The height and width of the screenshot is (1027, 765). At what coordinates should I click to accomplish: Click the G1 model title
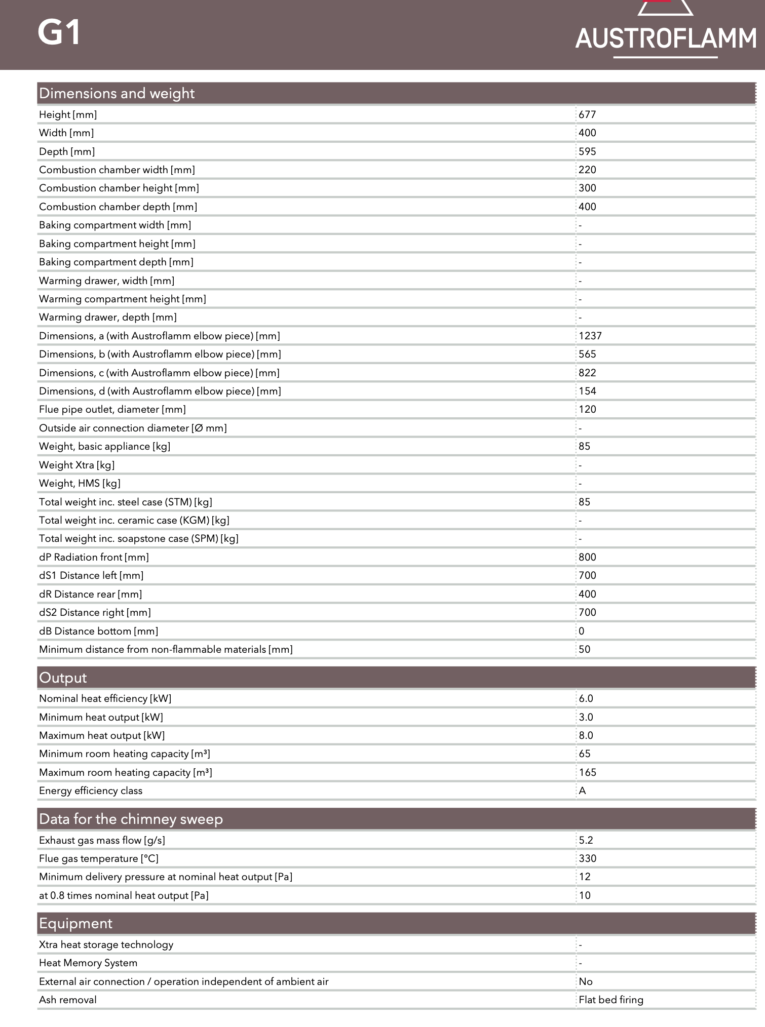[59, 33]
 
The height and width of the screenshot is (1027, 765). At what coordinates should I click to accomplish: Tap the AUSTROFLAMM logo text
[665, 39]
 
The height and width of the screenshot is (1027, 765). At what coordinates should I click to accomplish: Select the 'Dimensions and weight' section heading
[117, 94]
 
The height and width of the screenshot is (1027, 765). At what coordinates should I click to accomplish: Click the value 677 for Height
[587, 115]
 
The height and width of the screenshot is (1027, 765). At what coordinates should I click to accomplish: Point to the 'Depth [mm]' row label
[67, 152]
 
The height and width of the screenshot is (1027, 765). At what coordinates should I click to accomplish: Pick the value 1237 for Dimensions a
[590, 336]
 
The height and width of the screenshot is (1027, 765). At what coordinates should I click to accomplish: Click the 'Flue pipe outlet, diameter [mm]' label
[112, 410]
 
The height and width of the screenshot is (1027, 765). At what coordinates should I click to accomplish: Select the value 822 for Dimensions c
[587, 373]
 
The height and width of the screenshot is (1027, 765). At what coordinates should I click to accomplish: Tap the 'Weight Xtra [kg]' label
[76, 465]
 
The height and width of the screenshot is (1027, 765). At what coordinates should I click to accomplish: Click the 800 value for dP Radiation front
[587, 558]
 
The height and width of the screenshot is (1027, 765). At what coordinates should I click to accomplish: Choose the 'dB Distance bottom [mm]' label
[98, 631]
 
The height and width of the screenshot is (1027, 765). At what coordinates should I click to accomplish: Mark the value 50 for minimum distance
[584, 650]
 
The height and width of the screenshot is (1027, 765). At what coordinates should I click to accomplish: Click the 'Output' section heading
[63, 678]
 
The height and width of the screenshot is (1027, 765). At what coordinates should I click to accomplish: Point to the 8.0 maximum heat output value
[586, 736]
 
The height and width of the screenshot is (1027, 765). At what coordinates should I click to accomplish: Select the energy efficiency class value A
[582, 791]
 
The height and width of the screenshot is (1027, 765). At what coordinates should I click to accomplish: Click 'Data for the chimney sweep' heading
[131, 819]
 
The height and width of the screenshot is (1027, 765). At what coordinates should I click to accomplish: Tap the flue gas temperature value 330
[587, 859]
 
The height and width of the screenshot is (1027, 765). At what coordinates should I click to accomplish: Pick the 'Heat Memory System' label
[88, 963]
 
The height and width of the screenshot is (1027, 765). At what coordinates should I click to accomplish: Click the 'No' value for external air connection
[586, 982]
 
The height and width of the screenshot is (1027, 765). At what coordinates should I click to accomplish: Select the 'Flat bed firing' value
[611, 1000]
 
